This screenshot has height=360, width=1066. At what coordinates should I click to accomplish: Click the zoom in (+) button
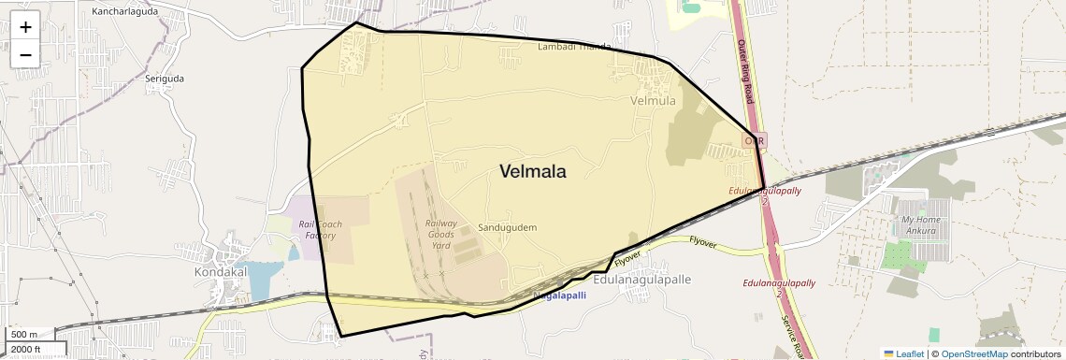point(25,27)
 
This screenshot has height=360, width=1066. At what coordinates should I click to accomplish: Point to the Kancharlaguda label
point(125,12)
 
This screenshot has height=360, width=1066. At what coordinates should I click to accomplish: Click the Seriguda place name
point(165,79)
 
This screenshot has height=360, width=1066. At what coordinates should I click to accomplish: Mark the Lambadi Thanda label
point(574,47)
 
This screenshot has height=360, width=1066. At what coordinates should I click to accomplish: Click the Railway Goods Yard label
point(441,234)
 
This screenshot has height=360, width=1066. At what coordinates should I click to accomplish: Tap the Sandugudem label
point(507,228)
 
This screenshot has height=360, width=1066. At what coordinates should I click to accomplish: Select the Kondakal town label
point(220,271)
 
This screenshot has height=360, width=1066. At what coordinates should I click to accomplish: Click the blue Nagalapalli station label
point(559,295)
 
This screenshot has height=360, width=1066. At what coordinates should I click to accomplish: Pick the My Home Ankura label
point(920,225)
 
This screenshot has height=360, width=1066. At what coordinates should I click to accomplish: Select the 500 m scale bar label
point(24,335)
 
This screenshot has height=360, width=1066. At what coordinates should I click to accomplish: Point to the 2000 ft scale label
point(25,350)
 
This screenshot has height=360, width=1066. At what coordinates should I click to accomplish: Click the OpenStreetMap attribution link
point(973,353)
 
